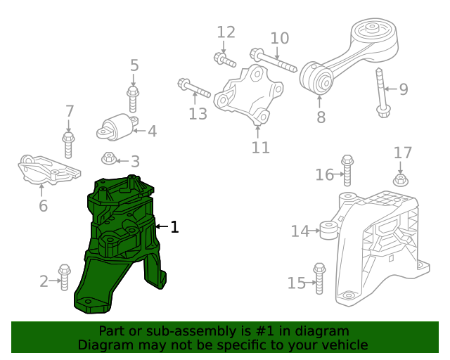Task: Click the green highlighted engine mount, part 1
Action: click(x=120, y=244)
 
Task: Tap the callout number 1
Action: click(x=174, y=227)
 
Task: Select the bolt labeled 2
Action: click(x=65, y=277)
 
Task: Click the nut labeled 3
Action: click(x=109, y=158)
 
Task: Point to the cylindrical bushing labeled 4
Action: click(x=117, y=128)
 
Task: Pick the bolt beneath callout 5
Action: click(x=133, y=99)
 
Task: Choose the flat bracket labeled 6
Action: click(x=49, y=169)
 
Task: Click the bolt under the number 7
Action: click(x=68, y=145)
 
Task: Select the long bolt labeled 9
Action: click(x=382, y=93)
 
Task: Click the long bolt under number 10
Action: click(x=274, y=60)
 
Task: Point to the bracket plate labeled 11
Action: click(x=248, y=96)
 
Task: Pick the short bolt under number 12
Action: click(x=225, y=60)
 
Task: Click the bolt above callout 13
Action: click(x=194, y=88)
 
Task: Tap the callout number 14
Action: click(x=300, y=231)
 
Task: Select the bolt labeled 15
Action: click(x=319, y=278)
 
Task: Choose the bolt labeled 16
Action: click(x=347, y=171)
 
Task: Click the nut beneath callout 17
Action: click(x=401, y=180)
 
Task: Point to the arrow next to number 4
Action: click(x=139, y=131)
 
